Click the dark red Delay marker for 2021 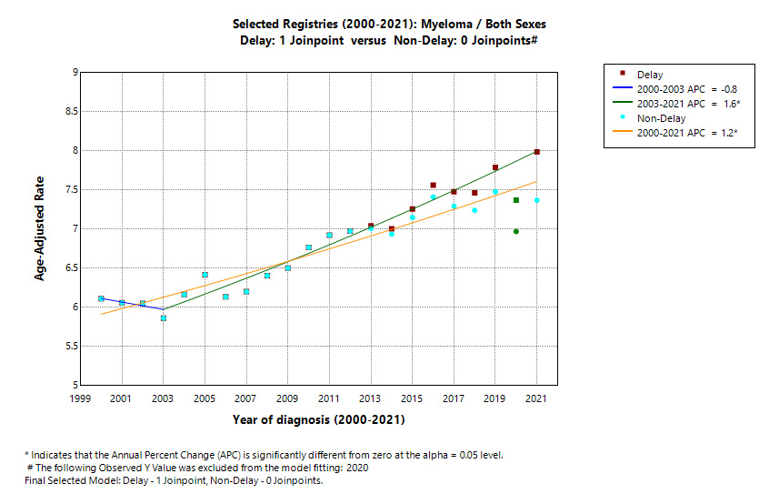pos(537,152)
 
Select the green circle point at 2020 pos(516,231)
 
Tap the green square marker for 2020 pos(516,200)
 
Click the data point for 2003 pos(164,318)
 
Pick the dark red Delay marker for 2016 pos(433,186)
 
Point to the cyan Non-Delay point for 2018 pos(474,210)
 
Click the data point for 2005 pos(205,275)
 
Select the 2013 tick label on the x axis pos(370,399)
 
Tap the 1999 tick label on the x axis pos(80,399)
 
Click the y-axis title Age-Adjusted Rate pos(40,228)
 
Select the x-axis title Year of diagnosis pos(317,419)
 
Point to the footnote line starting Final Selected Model pos(174,480)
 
